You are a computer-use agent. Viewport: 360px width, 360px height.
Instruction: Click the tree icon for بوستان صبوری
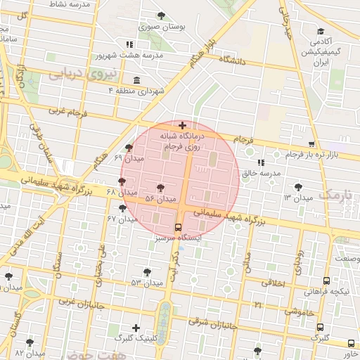[162, 15]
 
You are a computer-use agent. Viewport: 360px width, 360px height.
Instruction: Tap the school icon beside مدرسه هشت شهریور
[129, 44]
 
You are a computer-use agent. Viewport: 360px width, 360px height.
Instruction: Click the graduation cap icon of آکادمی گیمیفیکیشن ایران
[321, 31]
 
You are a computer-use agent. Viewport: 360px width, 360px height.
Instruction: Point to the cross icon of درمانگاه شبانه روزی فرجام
[183, 125]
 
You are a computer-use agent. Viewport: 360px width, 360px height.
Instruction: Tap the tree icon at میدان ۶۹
[128, 148]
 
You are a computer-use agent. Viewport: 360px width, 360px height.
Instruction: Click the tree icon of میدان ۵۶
[161, 188]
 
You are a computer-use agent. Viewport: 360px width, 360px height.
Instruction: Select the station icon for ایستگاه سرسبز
[178, 227]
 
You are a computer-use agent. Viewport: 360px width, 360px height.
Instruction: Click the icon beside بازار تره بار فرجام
[271, 153]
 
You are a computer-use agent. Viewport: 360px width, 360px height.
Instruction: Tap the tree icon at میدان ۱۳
[300, 187]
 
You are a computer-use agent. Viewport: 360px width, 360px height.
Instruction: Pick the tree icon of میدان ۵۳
[146, 271]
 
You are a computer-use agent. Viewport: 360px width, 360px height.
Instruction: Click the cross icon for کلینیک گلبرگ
[136, 327]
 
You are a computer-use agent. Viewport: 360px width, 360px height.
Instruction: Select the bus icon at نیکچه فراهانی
[326, 281]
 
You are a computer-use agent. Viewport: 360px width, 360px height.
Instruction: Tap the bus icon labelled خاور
[352, 343]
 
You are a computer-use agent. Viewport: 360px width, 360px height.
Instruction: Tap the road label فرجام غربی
[67, 111]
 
